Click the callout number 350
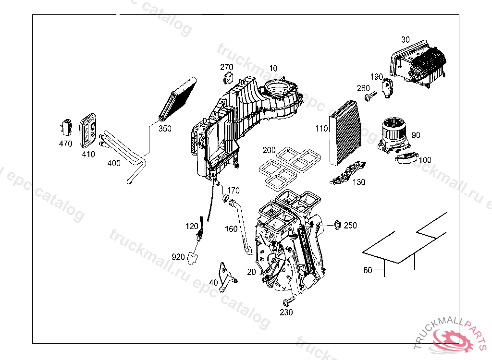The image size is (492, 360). (165, 129)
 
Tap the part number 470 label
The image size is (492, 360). (65, 144)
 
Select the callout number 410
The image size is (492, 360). (88, 154)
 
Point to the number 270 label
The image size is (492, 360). (227, 67)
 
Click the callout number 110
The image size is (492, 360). (321, 129)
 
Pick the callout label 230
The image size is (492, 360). (286, 312)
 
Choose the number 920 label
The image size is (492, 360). (178, 257)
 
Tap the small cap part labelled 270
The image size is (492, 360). (228, 78)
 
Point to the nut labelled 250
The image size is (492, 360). (337, 224)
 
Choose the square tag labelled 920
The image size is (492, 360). (194, 258)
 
